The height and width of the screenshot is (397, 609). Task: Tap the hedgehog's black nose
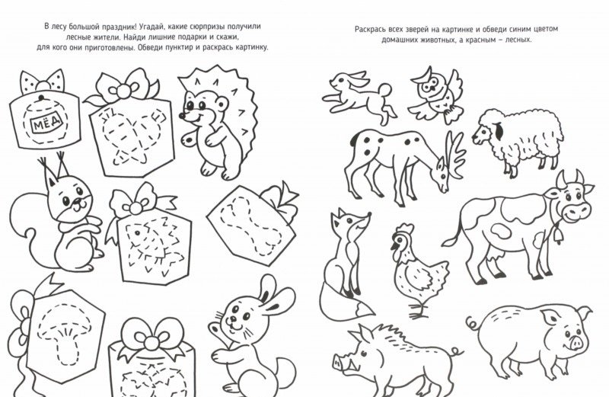(x=182, y=116)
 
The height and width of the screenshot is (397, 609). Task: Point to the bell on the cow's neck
(x=559, y=235)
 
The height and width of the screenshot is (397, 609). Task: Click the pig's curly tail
(x=473, y=322)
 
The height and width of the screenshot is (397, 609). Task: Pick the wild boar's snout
(x=337, y=363)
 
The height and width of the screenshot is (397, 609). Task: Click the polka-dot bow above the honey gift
(x=42, y=82)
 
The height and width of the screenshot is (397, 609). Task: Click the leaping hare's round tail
(x=386, y=91)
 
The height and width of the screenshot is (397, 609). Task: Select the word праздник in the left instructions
(x=116, y=27)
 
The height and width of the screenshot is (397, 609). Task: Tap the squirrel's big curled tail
(x=36, y=229)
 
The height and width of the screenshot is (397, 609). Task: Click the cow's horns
(x=569, y=180)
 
